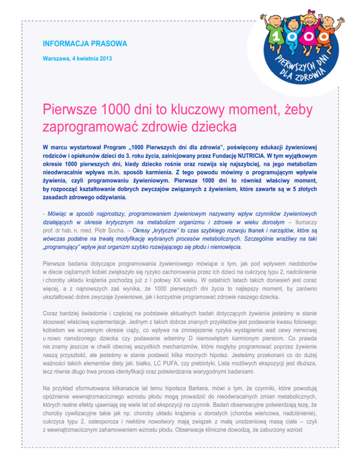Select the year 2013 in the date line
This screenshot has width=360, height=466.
[x=104, y=59]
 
